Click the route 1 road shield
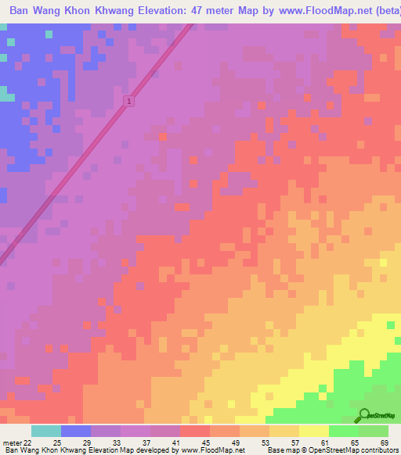(x=128, y=102)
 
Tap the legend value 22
(x=28, y=443)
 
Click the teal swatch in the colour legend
(x=46, y=431)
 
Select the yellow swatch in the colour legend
(x=313, y=431)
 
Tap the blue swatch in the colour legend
(x=76, y=431)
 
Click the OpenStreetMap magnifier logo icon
(x=364, y=414)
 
